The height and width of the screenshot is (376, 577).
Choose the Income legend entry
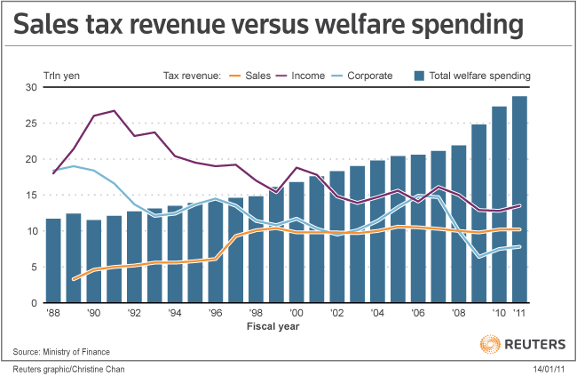[x=307, y=76]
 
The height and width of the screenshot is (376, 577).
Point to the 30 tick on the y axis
[x=31, y=87]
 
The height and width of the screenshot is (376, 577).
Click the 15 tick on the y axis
[x=31, y=195]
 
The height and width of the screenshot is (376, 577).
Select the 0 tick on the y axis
[x=34, y=303]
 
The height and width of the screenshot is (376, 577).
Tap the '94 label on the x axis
[x=174, y=314]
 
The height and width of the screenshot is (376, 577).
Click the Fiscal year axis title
[x=273, y=326]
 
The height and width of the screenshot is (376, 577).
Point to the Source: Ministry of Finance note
[x=67, y=352]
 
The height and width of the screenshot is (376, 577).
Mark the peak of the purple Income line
[x=114, y=111]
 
